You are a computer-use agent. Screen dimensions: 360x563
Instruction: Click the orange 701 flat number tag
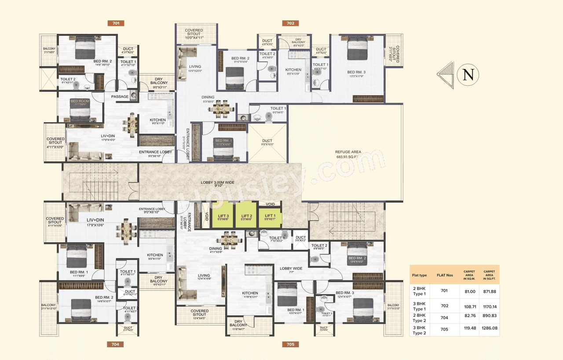point(116,23)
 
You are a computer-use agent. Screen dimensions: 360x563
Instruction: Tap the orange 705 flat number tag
point(290,344)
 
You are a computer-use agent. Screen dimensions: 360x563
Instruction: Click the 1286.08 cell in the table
point(489,328)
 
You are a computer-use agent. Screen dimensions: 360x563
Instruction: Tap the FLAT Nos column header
point(444,275)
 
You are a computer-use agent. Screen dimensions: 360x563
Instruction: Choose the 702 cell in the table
point(444,305)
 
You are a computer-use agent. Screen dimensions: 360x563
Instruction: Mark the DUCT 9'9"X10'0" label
point(267,142)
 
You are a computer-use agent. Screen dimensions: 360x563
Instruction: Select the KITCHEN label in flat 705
point(250,293)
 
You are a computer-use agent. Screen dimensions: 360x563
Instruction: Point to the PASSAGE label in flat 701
point(120,97)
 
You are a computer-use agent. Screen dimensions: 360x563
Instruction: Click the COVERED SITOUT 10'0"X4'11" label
point(194,33)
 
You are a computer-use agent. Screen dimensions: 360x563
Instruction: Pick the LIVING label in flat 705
point(204,276)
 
